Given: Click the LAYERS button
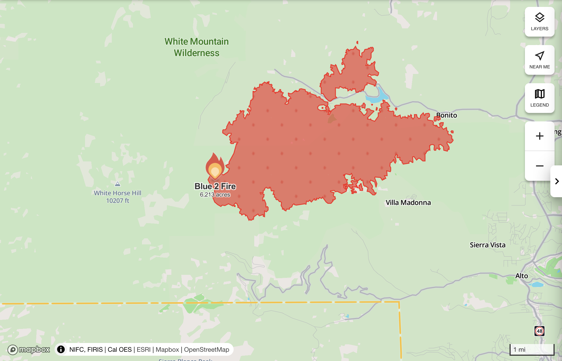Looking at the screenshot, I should coord(539,22).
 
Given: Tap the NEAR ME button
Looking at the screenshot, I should coord(539,60).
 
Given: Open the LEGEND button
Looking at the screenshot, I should coord(539,98).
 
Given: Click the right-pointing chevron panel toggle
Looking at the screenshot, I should coord(557,181).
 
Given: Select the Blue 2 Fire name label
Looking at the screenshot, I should coord(215,186).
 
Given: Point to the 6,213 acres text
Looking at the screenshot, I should coord(215,195).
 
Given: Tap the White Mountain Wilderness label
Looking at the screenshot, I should coord(197,47).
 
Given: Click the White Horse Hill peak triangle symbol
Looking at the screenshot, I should coord(118,184).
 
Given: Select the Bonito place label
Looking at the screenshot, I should coord(447,115).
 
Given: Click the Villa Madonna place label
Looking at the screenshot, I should coord(408,202).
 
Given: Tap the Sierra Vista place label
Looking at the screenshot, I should coord(488,245).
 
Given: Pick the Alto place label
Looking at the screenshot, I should coord(521,276).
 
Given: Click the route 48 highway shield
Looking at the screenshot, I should coord(539,331).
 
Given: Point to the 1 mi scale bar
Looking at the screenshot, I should coord(532,349).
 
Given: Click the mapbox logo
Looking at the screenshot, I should coord(29,350).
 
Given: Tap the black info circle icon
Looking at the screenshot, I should coord(61,349).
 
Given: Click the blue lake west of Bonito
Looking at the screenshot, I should coord(377,97).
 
